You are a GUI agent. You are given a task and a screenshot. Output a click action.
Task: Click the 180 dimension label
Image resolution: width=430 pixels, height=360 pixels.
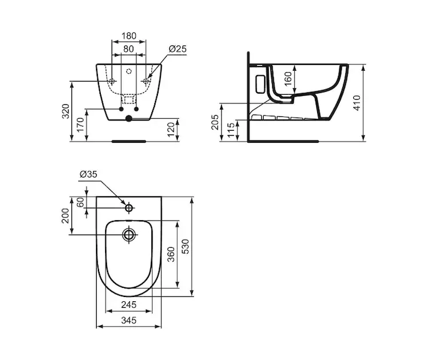(129, 36)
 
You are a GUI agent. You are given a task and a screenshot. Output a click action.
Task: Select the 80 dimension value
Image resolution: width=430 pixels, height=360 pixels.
(129, 49)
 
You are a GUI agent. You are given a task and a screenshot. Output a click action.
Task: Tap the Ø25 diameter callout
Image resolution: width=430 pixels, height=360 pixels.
(178, 49)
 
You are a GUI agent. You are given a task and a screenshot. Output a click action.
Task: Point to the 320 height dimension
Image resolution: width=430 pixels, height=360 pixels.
(65, 111)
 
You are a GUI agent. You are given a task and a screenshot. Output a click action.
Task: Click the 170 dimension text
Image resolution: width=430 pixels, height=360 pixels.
(80, 125)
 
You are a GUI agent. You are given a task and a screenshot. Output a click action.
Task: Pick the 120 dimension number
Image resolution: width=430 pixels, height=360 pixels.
(171, 130)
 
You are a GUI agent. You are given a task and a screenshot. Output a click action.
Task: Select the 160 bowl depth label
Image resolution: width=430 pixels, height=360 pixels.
(288, 79)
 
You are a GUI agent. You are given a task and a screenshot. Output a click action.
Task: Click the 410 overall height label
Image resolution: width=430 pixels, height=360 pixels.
(357, 103)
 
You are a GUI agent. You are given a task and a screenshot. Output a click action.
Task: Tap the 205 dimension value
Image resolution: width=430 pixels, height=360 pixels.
(215, 122)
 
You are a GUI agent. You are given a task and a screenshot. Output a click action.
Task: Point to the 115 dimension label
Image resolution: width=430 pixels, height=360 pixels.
(231, 130)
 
